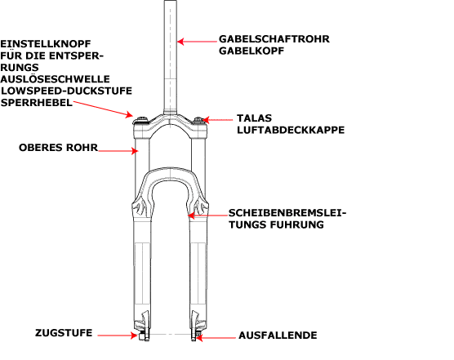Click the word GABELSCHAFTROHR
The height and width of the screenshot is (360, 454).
274,39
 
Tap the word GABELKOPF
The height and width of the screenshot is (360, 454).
251,51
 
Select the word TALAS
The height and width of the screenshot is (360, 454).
254,118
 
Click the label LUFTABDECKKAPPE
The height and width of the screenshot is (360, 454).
291,130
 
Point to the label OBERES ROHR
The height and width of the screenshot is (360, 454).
59,148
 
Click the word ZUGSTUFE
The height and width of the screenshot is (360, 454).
64,333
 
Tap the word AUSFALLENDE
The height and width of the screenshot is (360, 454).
278,336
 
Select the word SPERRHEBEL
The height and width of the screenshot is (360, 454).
37,103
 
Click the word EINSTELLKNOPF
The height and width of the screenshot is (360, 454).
46,44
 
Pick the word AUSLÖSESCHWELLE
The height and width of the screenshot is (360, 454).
55,79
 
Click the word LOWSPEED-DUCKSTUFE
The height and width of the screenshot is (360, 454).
66,91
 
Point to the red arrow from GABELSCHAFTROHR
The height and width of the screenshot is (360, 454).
197,42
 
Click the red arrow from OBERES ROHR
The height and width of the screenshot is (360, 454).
118,151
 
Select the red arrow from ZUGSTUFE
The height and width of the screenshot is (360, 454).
118,336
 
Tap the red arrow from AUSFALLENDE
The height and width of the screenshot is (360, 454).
216,337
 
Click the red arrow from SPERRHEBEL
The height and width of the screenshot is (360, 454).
103,109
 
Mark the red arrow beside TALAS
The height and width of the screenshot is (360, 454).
217,119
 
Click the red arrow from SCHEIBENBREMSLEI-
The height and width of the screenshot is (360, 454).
208,216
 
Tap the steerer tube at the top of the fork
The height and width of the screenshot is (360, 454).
170,58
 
